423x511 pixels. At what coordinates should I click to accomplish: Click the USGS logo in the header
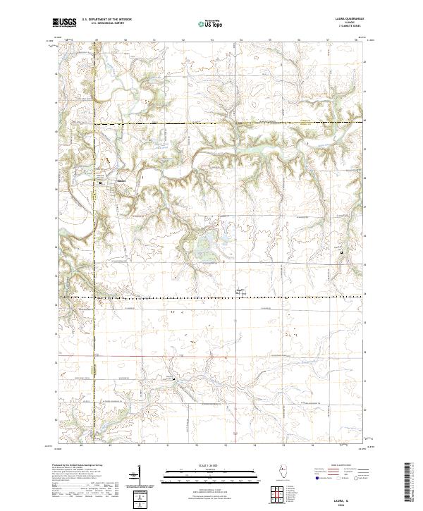64,23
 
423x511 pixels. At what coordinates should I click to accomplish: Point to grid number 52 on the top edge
183,40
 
